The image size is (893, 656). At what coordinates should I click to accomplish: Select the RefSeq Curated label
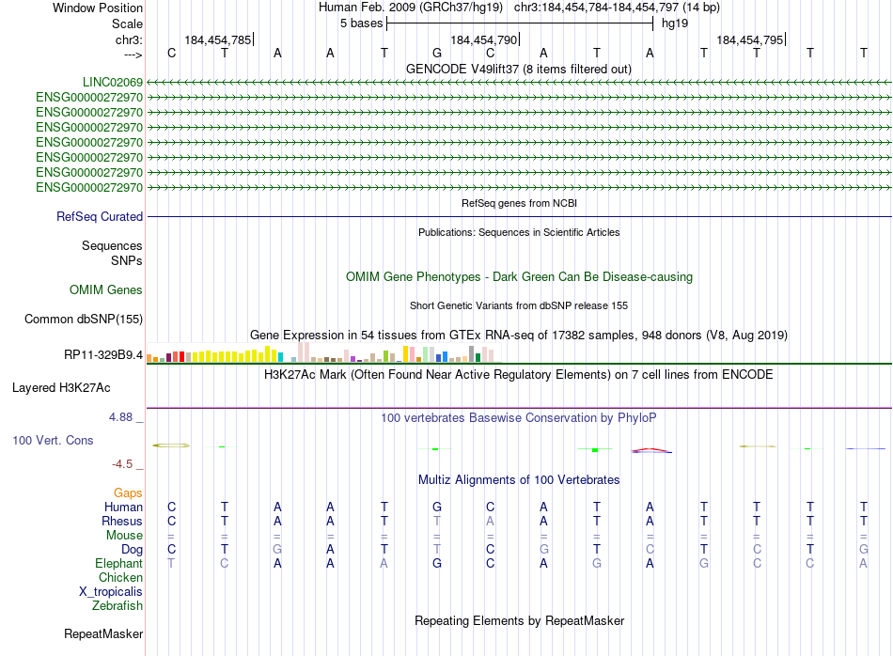[x=100, y=217]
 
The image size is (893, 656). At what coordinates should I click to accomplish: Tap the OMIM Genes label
[x=106, y=290]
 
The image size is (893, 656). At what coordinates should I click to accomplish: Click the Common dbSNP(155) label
[x=84, y=320]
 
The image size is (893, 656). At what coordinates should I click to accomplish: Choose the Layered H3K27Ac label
[x=61, y=387]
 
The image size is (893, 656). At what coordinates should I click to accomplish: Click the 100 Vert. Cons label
[x=53, y=440]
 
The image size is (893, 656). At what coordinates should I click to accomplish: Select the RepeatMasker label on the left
[x=103, y=634]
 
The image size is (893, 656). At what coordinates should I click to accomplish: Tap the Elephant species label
[x=118, y=563]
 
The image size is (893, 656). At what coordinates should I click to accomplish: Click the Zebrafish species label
[x=117, y=606]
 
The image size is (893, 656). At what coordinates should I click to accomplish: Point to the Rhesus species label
[x=122, y=522]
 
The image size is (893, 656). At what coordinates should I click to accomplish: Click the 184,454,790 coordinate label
[x=483, y=40]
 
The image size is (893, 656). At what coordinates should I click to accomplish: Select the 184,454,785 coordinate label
[x=218, y=40]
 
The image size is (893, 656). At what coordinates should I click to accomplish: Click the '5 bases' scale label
[x=361, y=23]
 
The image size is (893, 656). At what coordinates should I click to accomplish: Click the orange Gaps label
[x=128, y=492]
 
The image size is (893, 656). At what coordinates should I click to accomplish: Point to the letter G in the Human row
[x=437, y=508]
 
